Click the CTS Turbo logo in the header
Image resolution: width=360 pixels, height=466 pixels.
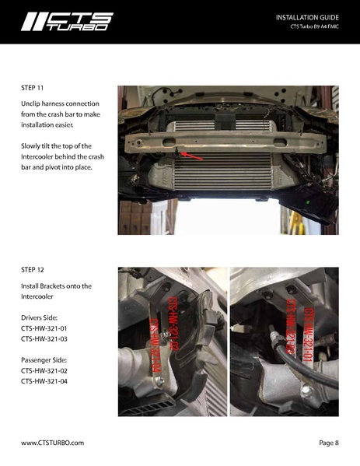[67, 21]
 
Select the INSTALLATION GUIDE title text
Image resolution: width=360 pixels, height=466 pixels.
[307, 16]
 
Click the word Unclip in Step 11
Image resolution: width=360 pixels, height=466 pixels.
[32, 103]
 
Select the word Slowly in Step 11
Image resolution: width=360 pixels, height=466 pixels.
[33, 146]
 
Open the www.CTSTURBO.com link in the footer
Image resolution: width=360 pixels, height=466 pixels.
[52, 442]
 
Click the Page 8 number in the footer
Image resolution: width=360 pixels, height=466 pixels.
[328, 442]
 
